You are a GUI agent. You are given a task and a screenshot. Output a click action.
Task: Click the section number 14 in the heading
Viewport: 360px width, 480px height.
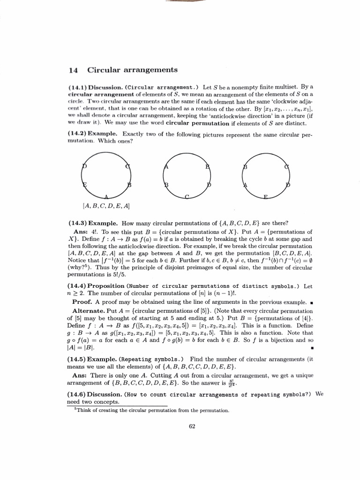(73, 70)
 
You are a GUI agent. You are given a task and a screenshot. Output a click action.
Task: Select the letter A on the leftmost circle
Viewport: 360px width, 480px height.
(106, 196)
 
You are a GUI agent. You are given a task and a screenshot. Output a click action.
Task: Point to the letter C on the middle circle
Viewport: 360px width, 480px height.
(187, 197)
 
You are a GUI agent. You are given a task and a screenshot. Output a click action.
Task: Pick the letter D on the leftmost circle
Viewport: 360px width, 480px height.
(84, 166)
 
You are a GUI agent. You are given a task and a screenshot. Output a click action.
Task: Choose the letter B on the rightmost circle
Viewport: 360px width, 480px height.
(245, 167)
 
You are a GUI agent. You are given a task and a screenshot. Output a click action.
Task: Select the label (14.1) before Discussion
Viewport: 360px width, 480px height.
(77, 87)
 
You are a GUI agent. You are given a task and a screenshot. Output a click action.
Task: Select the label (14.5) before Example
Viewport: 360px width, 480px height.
(77, 359)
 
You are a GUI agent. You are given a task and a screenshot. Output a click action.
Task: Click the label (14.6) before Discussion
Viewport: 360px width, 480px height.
(77, 395)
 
